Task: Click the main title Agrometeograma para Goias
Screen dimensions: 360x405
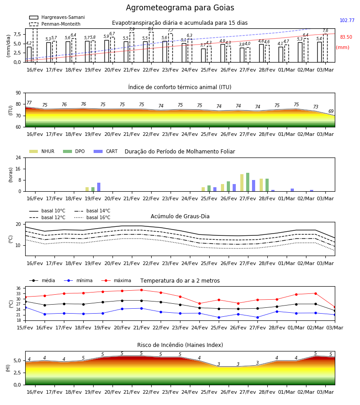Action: (180, 8)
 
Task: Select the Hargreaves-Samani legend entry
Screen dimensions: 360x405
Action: (57, 17)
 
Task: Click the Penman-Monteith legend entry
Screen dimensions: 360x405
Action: (55, 24)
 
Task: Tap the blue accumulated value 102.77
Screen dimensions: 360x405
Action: (347, 20)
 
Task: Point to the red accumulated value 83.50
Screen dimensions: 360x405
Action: (346, 37)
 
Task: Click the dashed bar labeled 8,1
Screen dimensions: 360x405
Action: (151, 47)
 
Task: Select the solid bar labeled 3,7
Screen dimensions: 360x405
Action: (203, 55)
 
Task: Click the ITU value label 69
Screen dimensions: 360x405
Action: (331, 111)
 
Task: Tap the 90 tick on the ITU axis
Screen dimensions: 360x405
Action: (18, 93)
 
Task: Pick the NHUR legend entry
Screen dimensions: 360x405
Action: (42, 151)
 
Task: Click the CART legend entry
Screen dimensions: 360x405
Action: (106, 151)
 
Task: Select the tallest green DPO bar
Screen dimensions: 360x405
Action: (247, 182)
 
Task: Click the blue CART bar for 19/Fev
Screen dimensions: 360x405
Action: (99, 187)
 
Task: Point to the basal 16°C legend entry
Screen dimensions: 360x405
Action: (92, 217)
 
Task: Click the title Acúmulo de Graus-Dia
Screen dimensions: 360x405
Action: (180, 216)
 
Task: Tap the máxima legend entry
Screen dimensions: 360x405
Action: (117, 280)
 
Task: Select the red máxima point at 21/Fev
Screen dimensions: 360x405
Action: (141, 290)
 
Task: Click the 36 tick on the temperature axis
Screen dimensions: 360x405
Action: (18, 288)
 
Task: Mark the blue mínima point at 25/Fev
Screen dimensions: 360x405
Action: (219, 317)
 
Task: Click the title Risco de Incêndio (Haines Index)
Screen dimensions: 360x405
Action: (180, 345)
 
